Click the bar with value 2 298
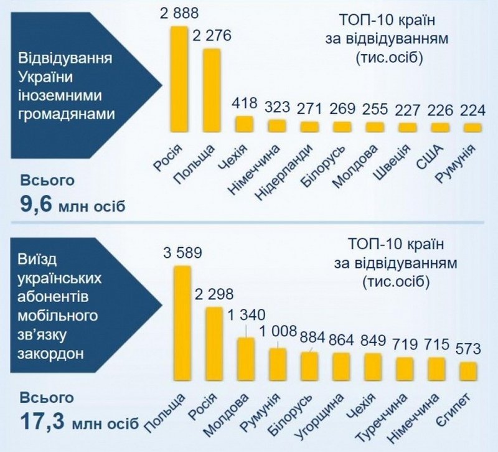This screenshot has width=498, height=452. click(215, 342)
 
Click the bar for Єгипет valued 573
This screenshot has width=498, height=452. click(468, 371)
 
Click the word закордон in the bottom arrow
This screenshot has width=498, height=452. click(49, 352)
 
